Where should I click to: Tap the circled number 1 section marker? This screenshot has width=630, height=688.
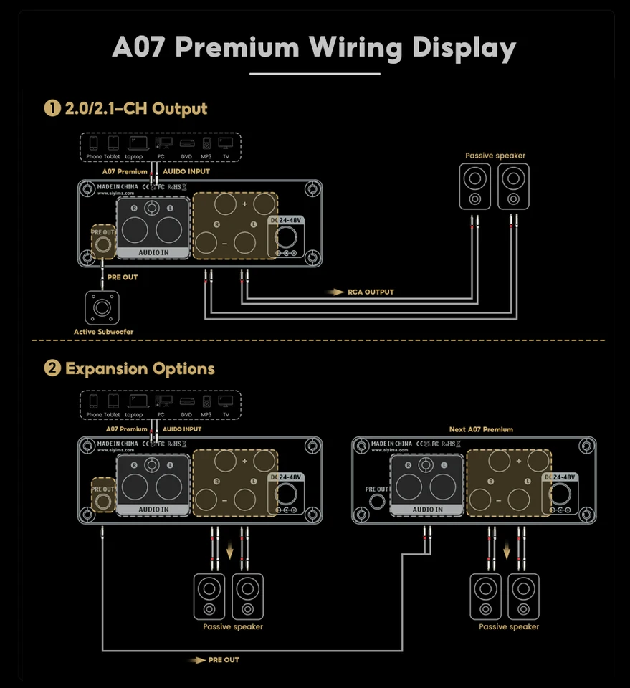coord(52,109)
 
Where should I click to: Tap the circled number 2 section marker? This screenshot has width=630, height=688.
coord(52,369)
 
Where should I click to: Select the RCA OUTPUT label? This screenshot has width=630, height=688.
coord(371,292)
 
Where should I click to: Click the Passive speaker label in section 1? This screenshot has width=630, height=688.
coord(495,156)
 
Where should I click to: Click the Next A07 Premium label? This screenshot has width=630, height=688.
coord(481,429)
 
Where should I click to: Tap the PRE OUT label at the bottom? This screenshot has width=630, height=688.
coord(224,660)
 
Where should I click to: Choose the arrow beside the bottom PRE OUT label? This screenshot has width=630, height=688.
coord(196,660)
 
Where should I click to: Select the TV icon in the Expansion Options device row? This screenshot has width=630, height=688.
coord(226,401)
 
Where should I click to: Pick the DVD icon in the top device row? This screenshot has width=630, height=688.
coord(186,143)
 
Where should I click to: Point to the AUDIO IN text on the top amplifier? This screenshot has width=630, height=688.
coord(153,252)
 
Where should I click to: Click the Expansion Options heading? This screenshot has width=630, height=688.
coord(140,369)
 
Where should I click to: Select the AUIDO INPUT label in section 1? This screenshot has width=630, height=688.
coord(186,172)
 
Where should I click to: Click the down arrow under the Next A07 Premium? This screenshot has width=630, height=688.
coord(507,554)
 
